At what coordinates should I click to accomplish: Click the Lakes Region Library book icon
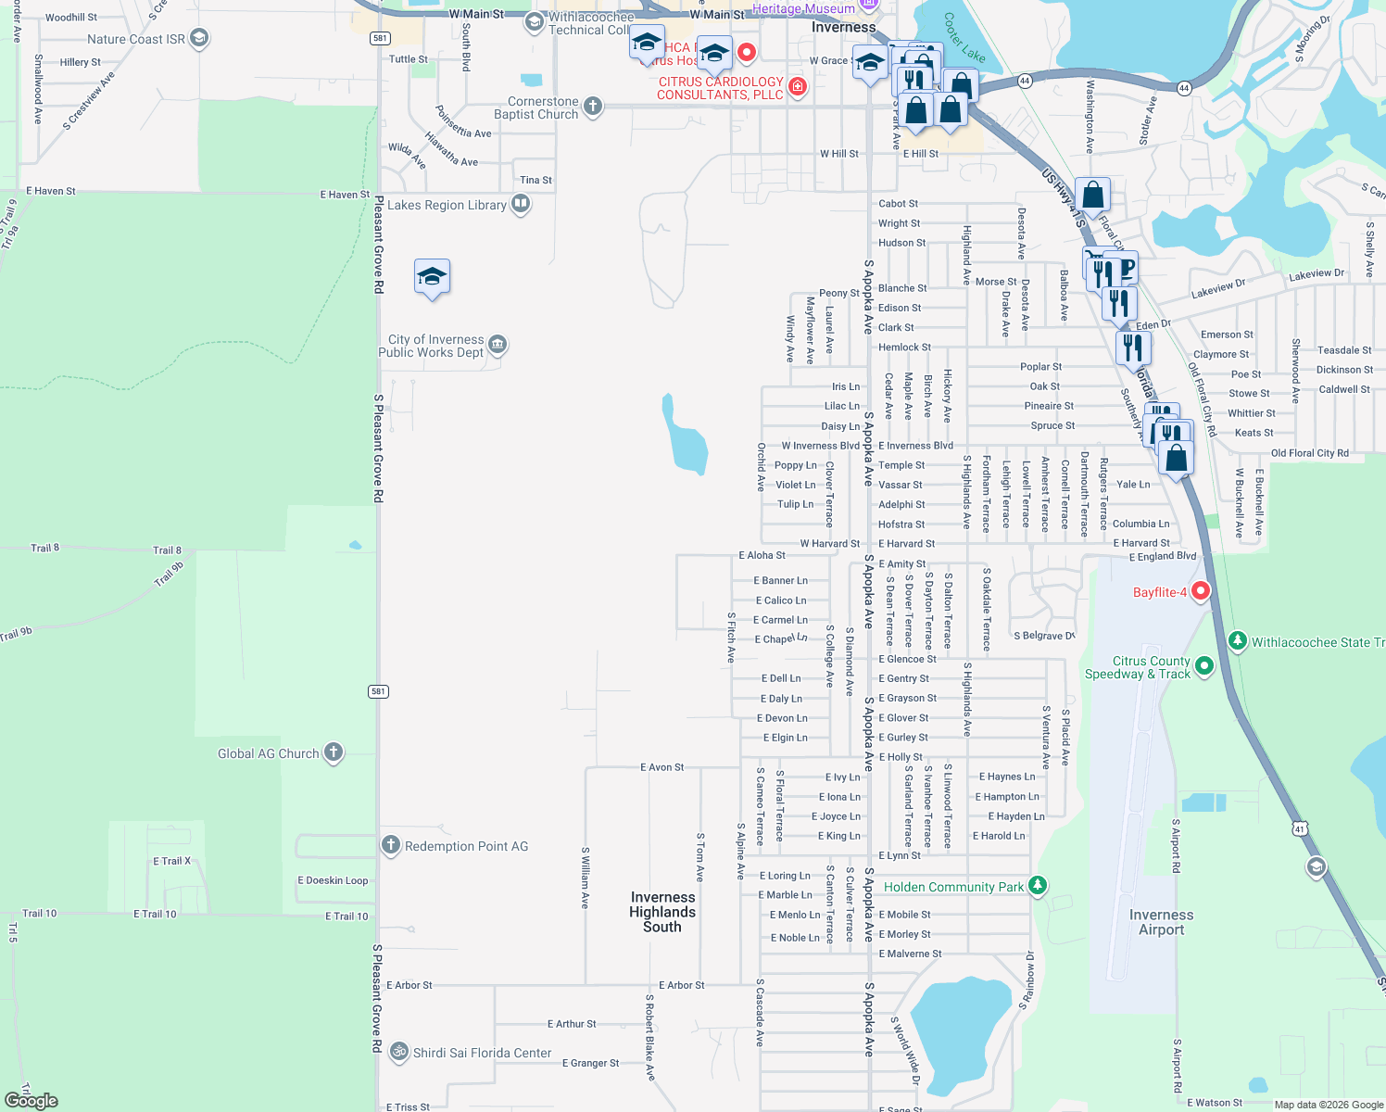(x=521, y=204)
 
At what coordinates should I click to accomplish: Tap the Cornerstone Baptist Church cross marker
(x=593, y=107)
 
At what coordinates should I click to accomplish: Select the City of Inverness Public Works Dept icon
(x=498, y=345)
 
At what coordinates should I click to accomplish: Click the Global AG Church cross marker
(x=334, y=752)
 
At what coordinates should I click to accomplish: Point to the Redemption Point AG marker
(x=391, y=845)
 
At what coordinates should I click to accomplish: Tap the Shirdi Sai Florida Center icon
(x=399, y=1052)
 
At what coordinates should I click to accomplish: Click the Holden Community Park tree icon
(x=1038, y=886)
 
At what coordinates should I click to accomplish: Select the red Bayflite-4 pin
(x=1201, y=590)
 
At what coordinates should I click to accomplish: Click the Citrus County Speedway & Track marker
(x=1204, y=665)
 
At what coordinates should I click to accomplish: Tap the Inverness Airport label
(x=1161, y=922)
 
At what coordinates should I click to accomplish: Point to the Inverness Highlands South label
(x=662, y=912)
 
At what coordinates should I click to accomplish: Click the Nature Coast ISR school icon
(x=198, y=38)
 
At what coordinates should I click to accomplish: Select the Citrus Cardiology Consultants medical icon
(x=797, y=87)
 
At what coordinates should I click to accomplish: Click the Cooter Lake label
(x=964, y=37)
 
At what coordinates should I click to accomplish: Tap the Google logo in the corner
(x=31, y=1100)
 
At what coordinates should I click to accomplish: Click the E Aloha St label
(x=762, y=555)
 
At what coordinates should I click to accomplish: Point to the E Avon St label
(x=661, y=767)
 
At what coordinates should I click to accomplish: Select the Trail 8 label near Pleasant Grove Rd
(x=167, y=550)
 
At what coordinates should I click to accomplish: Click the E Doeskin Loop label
(x=333, y=880)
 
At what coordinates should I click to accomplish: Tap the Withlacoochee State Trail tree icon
(x=1238, y=641)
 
